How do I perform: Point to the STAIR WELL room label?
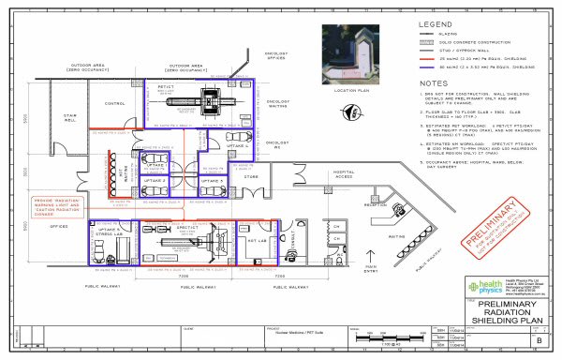[x=70, y=119]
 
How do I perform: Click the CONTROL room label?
[x=114, y=103]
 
